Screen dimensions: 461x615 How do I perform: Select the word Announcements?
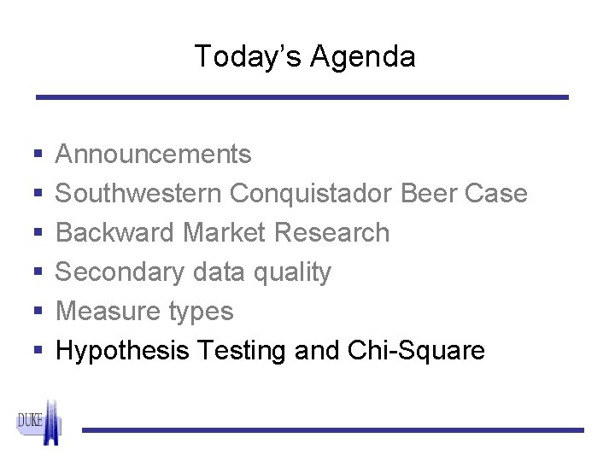pyautogui.click(x=154, y=155)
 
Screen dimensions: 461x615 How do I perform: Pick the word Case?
pyautogui.click(x=496, y=194)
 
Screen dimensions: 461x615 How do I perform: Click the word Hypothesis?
pyautogui.click(x=122, y=351)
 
